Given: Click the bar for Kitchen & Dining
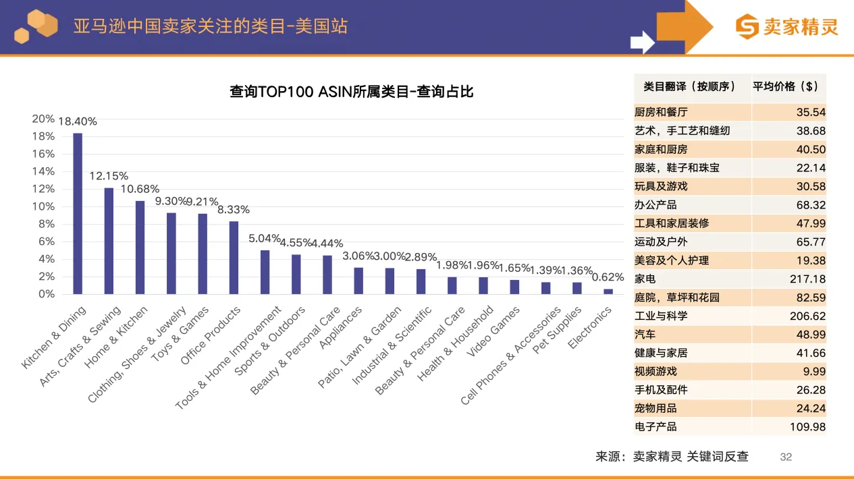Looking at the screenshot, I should click(78, 214).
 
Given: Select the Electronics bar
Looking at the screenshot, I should click(608, 291).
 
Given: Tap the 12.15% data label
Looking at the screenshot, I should click(109, 176).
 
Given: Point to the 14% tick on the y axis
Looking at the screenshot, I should click(43, 171).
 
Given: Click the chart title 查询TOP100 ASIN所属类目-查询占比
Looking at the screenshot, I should click(351, 92).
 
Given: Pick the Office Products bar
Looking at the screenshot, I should click(234, 258).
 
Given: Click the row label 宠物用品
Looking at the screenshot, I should click(656, 408).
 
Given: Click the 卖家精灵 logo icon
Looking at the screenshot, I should click(747, 28).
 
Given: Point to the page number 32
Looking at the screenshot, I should click(786, 457).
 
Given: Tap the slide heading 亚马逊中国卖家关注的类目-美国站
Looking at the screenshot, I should click(211, 27).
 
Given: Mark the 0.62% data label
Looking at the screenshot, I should click(608, 277).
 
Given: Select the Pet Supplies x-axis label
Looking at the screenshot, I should click(557, 330).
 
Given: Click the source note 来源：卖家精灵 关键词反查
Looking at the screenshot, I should click(672, 457).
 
